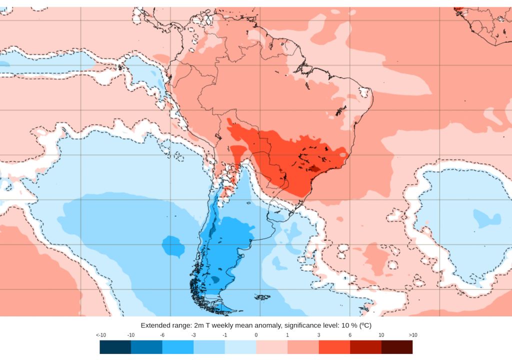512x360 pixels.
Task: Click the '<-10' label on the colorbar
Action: [100, 334]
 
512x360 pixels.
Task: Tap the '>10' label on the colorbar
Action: [412, 334]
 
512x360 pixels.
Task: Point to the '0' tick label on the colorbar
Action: [256, 334]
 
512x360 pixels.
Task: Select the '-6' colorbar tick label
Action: [162, 334]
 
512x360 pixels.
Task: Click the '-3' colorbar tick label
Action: [193, 334]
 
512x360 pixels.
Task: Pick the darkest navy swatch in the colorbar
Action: [115, 347]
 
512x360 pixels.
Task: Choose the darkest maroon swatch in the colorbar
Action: [397, 347]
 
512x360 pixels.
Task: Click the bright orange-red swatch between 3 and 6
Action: [334, 347]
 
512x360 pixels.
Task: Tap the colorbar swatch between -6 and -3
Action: [178, 347]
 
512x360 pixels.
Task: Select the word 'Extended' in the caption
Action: [156, 325]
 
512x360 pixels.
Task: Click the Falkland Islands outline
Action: [262, 297]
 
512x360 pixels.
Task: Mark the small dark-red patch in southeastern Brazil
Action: [313, 168]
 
